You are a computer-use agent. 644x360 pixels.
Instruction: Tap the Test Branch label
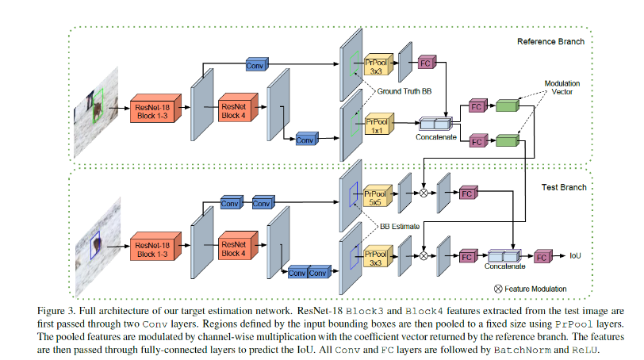(x=563, y=187)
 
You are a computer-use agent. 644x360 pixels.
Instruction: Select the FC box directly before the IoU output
(x=542, y=256)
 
